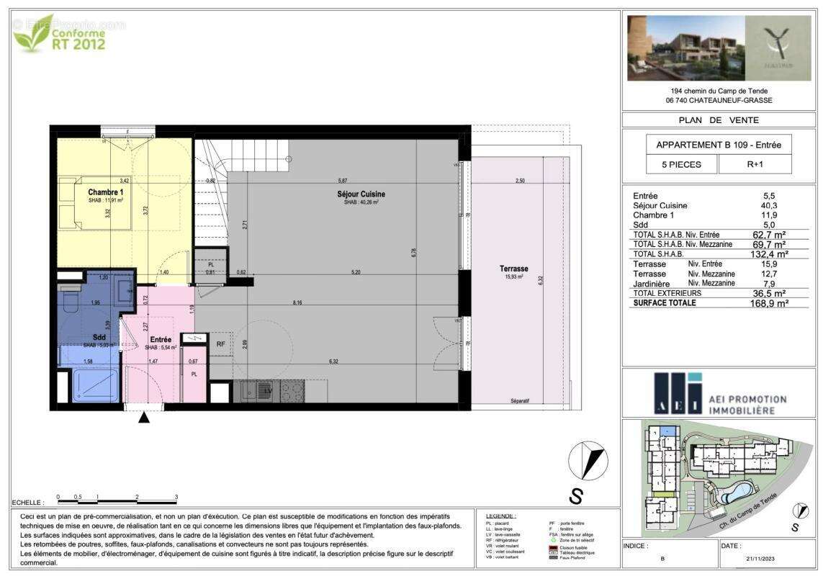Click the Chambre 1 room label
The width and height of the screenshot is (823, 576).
(x=106, y=192)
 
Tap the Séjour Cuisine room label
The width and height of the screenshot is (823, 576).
(x=360, y=194)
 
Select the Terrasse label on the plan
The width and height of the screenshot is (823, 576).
(x=514, y=269)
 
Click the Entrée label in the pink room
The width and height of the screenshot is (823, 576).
(x=160, y=339)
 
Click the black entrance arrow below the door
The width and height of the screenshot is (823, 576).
(x=144, y=417)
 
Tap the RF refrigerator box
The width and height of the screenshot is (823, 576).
(x=221, y=344)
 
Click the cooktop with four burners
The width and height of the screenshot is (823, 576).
(x=292, y=391)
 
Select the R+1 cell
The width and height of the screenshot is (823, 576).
(x=755, y=163)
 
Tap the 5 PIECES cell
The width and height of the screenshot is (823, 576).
(x=682, y=163)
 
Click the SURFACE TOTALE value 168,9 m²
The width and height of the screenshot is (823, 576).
(x=769, y=303)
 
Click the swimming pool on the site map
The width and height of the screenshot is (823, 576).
(x=737, y=493)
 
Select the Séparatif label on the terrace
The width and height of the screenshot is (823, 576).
(x=520, y=400)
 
